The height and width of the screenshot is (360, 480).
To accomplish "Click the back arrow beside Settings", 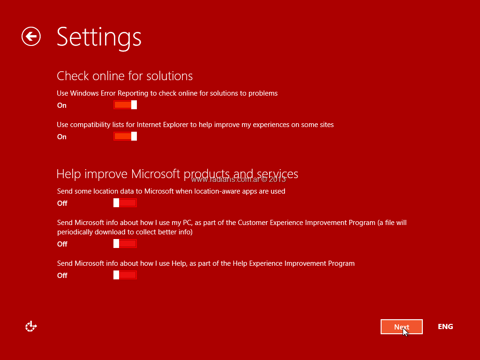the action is (31, 37).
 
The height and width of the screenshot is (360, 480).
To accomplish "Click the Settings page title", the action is (99, 37).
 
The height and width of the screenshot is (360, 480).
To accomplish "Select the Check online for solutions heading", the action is (125, 76).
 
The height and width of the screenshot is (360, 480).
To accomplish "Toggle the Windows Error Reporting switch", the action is (125, 105).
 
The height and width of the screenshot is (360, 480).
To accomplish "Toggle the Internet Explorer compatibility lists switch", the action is (125, 136).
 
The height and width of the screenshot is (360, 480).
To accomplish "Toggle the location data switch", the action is (125, 202).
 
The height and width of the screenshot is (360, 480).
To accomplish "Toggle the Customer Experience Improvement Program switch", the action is (125, 244).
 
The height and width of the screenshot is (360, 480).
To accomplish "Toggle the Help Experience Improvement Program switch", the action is (125, 275).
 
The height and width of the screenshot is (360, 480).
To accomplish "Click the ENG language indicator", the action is (445, 327).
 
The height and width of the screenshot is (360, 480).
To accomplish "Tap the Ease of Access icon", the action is (31, 326).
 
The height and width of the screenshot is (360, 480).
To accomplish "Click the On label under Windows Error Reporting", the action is (62, 105).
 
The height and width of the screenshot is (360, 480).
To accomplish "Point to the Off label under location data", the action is (62, 203).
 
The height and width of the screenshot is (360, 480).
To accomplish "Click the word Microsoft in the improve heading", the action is (156, 174).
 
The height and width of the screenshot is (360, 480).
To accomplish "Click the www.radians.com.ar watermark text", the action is (239, 180).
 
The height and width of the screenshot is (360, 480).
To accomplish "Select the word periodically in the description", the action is (75, 232).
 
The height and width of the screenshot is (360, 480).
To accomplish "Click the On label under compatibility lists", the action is (62, 137).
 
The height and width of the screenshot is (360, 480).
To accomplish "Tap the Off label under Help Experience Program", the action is (62, 276).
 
